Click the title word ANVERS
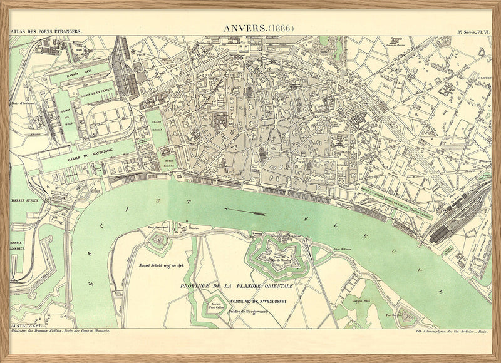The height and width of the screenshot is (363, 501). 244,28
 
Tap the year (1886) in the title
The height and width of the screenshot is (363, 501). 280,28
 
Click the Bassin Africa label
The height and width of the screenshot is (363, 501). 25,201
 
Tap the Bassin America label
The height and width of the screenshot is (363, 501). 16,245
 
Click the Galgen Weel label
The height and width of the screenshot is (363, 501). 363,302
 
